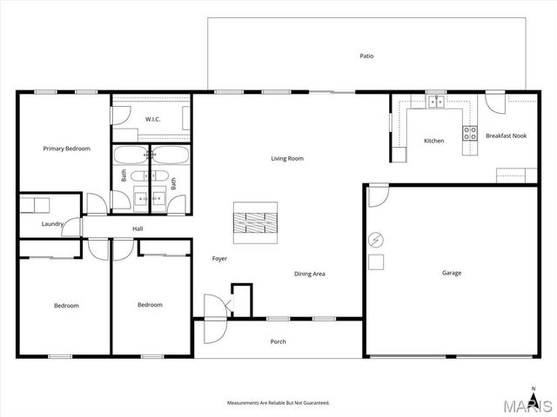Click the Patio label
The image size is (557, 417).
coord(367,56)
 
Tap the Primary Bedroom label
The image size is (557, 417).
coord(67,149)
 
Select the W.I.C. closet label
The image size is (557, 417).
coord(152,119)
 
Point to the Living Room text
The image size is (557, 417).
coord(287,158)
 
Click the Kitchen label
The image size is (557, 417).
coord(433,141)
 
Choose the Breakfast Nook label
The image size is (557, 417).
coord(506,136)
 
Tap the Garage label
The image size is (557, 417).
coord(452,273)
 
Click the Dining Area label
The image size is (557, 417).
coord(310,274)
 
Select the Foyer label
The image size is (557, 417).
coord(220,259)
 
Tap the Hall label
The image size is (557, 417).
coord(138,228)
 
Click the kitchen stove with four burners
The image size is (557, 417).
coord(470,134)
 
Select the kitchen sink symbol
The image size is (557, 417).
coord(435,103)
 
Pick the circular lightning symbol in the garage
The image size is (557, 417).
coord(377,239)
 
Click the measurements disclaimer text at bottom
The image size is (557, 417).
coord(278,403)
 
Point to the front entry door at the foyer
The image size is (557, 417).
coord(213,308)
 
